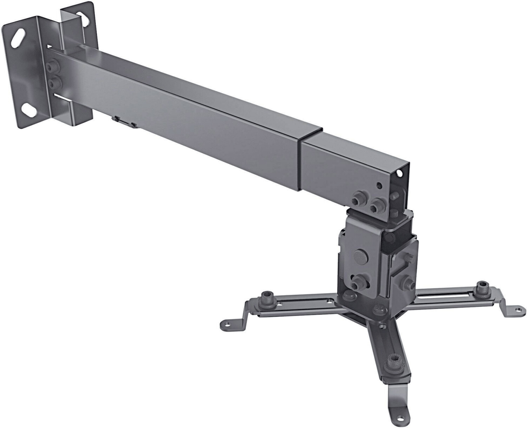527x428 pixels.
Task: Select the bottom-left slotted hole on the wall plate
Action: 29,110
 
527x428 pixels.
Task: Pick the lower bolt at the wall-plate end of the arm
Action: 55,83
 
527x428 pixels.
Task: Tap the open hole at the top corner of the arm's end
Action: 399,173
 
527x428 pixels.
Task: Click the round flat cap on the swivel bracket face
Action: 360,255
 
